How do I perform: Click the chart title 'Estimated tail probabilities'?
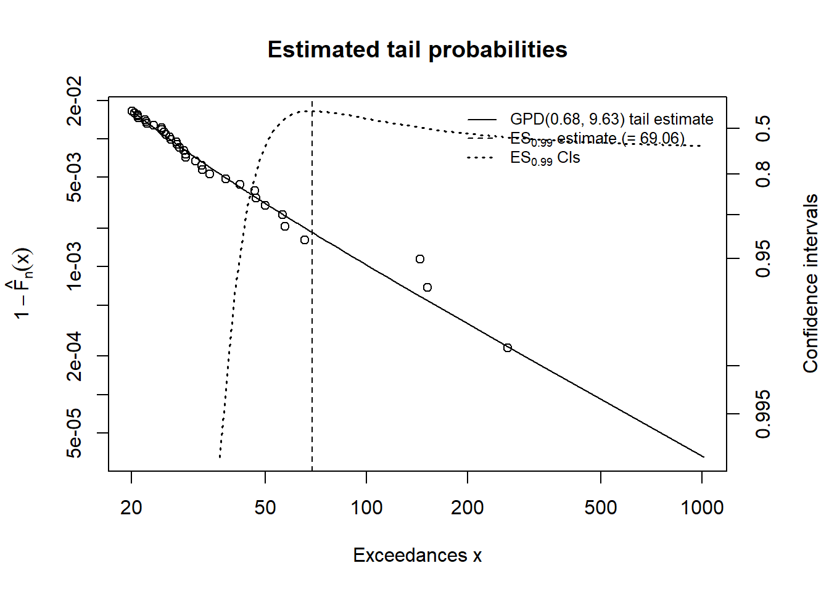click(x=417, y=49)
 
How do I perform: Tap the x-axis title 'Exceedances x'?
click(x=417, y=555)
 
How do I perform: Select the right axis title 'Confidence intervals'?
click(x=810, y=284)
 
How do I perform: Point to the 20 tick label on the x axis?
click(x=131, y=508)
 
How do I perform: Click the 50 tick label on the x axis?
click(x=265, y=508)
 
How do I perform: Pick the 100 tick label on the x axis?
click(x=366, y=508)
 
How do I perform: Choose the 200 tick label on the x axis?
click(x=468, y=508)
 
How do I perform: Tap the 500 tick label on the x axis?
click(x=601, y=508)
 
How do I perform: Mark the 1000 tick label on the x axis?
click(x=702, y=508)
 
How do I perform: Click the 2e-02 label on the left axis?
click(x=75, y=101)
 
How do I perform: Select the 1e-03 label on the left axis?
click(x=75, y=266)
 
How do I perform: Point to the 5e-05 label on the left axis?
click(x=75, y=433)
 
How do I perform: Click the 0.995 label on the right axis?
click(x=763, y=414)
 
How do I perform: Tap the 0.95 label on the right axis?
click(x=763, y=258)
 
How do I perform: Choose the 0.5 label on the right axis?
click(x=763, y=128)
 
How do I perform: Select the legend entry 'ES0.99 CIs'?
click(x=545, y=158)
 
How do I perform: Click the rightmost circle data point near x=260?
click(x=508, y=348)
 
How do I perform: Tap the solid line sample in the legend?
click(x=482, y=119)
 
